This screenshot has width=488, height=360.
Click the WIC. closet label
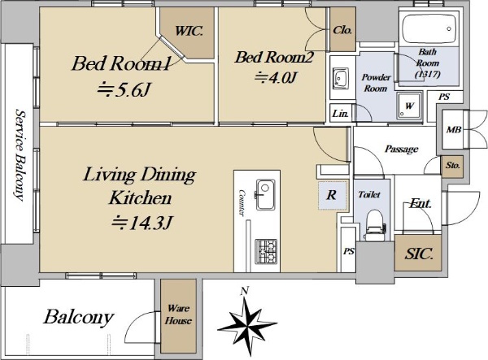189,31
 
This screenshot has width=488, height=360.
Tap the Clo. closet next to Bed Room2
342,29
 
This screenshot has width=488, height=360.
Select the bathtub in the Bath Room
429,29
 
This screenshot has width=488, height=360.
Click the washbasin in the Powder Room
341,78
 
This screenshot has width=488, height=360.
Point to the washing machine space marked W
409,106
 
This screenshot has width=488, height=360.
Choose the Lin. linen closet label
340,114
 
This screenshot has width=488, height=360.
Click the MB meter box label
454,129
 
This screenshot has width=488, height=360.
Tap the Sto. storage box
452,166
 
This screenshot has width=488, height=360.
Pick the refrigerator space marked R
332,195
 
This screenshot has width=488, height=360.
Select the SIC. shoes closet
418,253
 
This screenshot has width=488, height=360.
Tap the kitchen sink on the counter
265,194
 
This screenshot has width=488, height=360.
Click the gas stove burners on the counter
266,251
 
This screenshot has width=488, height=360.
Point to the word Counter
242,202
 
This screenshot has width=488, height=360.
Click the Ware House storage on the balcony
178,316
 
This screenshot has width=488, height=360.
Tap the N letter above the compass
245,291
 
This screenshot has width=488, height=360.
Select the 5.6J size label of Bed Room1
124,90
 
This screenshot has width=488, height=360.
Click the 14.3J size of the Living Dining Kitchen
142,223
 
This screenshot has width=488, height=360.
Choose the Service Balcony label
20,154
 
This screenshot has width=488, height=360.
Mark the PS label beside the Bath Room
444,97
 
